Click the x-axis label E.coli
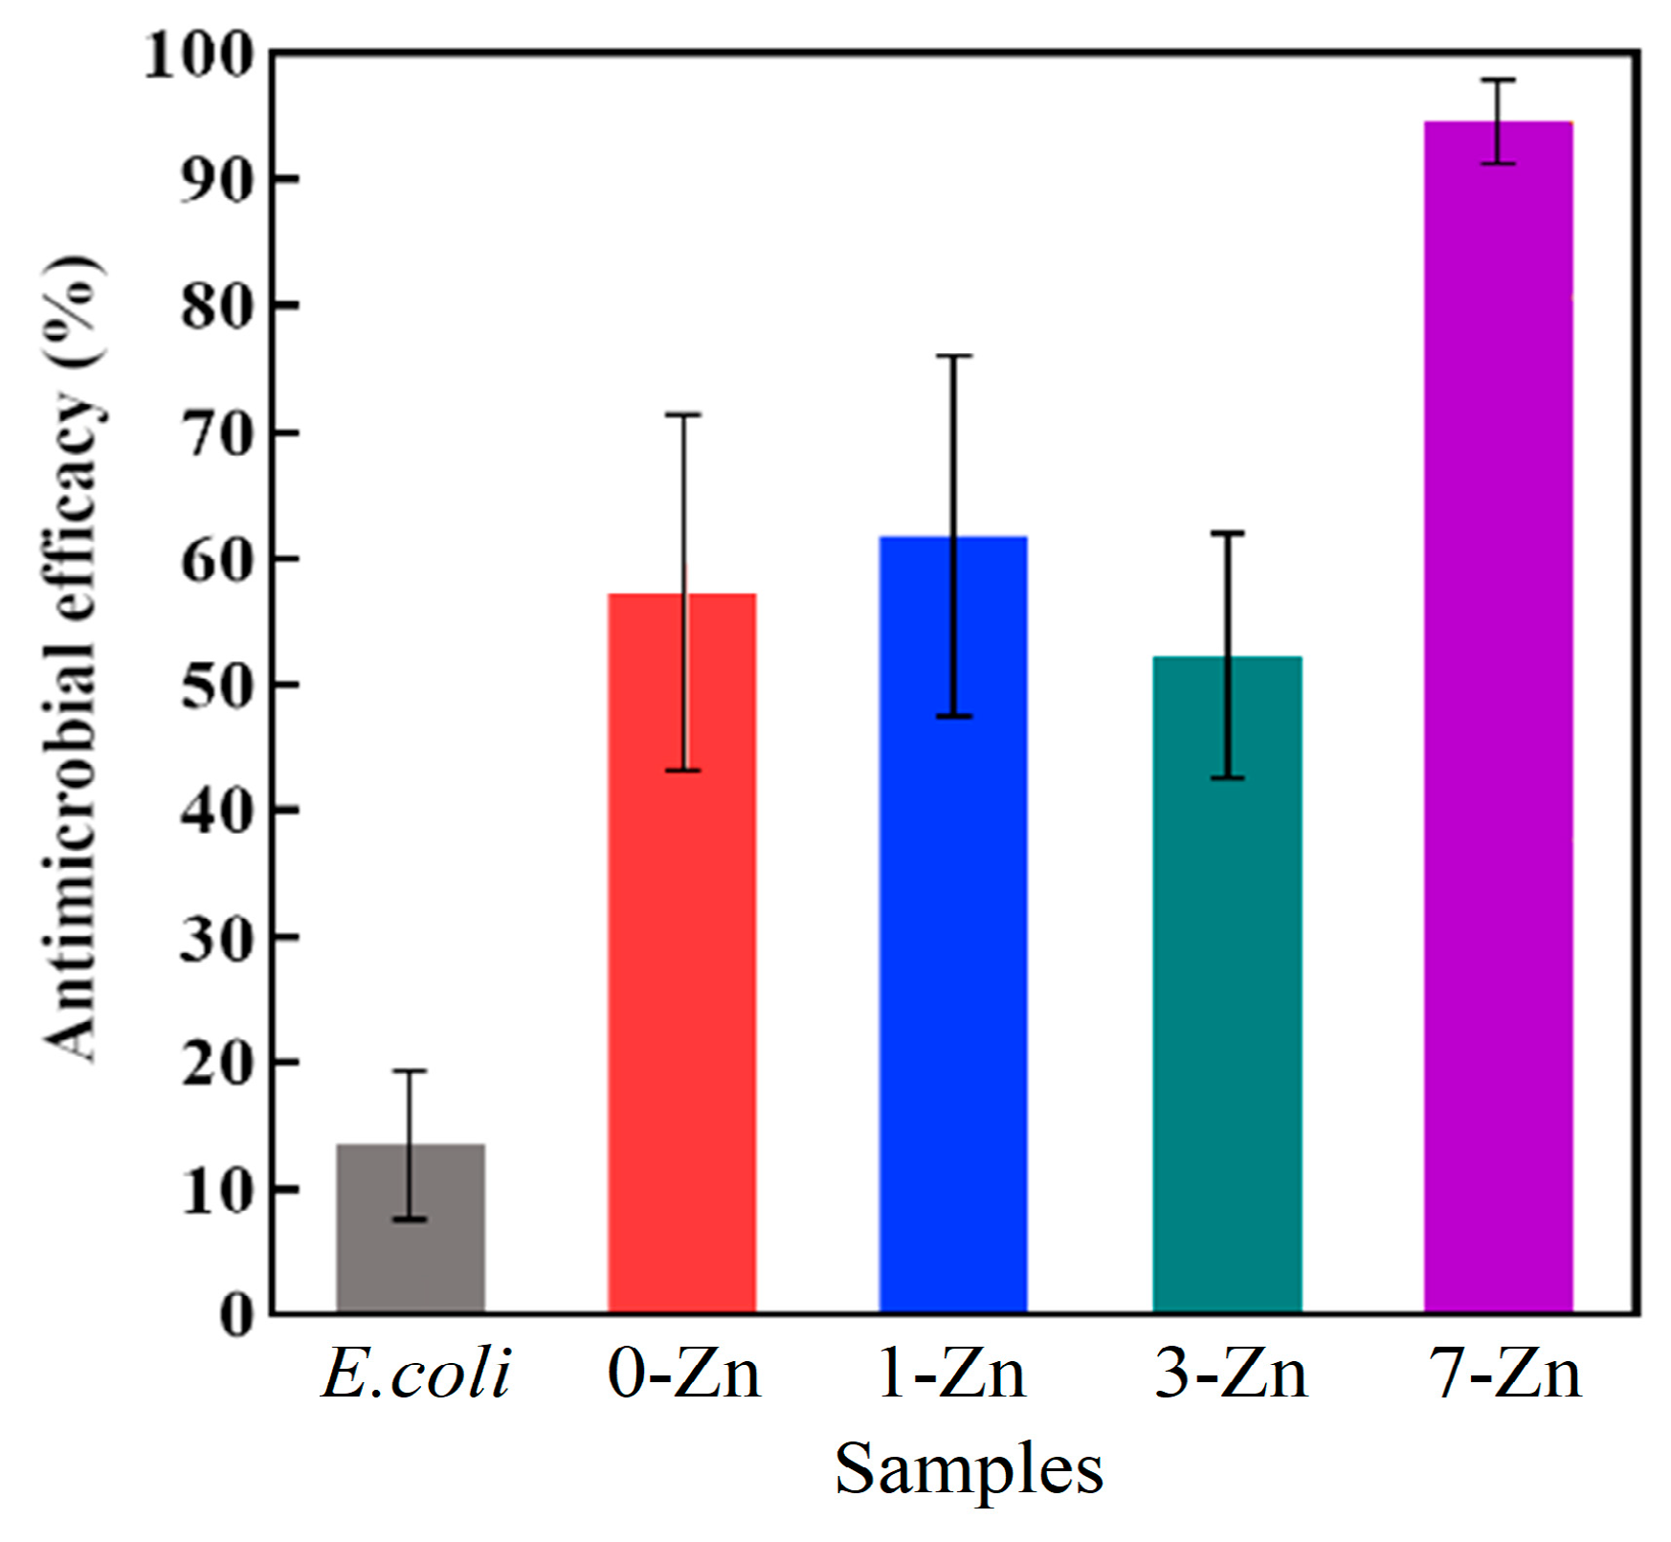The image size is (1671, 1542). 415,1374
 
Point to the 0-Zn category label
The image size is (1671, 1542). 683,1374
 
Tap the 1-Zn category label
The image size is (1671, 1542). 951,1374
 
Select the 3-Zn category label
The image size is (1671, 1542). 1231,1374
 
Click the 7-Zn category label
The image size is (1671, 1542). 1504,1374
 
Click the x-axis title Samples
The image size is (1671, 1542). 969,1468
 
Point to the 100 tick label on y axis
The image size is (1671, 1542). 199,55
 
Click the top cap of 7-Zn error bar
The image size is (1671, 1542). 1499,80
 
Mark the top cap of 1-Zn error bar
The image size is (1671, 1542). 953,356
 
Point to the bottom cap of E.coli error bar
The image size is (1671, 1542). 410,1218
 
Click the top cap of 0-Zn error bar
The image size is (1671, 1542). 683,415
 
